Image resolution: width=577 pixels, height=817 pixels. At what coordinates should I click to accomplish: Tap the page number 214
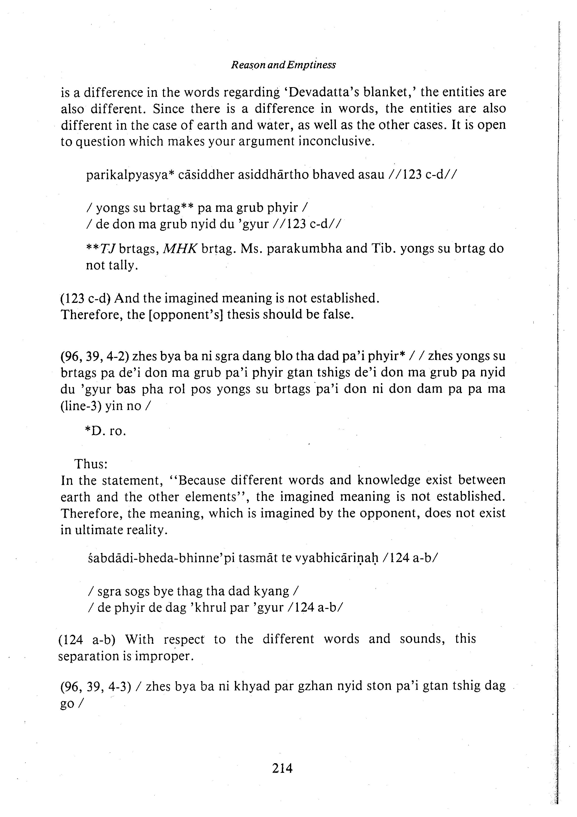click(x=282, y=769)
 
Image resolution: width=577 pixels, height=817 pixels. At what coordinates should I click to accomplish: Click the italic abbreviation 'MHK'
click(x=180, y=249)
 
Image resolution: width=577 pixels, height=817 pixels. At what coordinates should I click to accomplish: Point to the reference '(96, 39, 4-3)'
click(x=94, y=686)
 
